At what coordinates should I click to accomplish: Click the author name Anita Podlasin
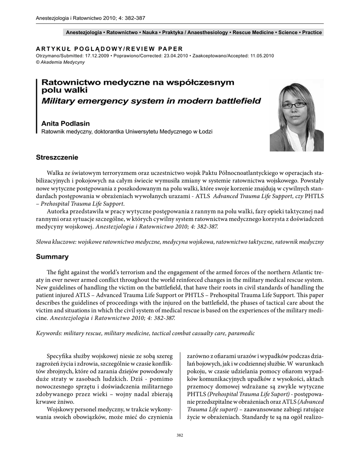coord(65,124)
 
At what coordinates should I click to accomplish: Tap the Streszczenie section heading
coord(57,157)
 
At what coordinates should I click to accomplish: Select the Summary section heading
coord(52,257)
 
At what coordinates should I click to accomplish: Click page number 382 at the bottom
coord(180,435)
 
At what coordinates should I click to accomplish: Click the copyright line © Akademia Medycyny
coord(60,62)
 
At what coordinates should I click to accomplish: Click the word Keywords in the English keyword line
coord(48,334)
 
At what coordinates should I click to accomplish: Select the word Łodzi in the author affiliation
coord(204,131)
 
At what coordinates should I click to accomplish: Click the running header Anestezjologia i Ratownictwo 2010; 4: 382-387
coord(90,18)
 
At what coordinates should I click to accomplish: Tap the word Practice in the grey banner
coord(312,33)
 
